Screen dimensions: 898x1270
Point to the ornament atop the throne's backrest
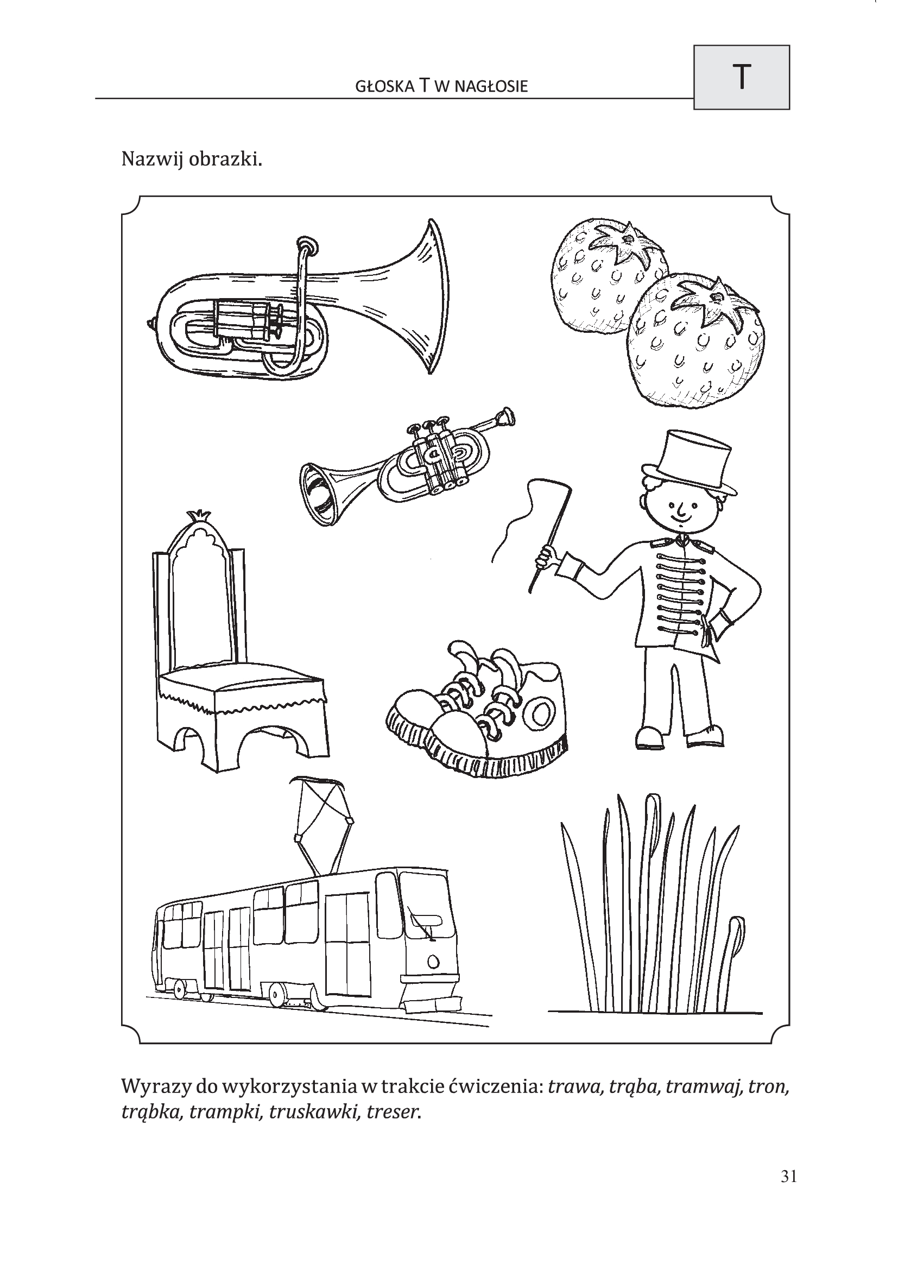click(x=197, y=515)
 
